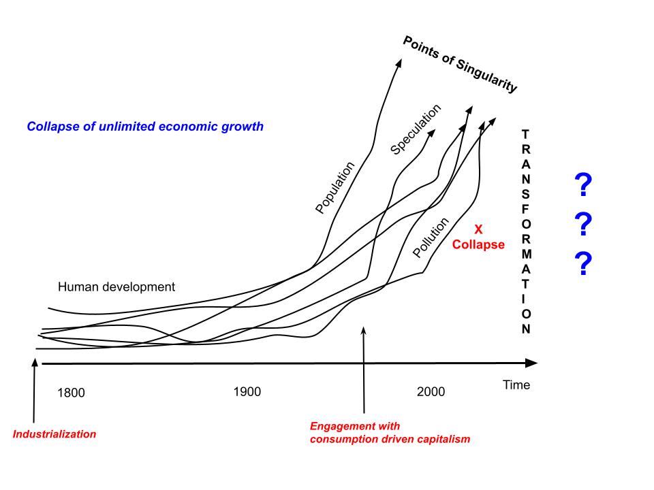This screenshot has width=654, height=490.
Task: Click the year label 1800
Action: (71, 393)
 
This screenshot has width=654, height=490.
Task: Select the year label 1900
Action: (247, 392)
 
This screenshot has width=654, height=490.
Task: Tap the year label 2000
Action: (431, 392)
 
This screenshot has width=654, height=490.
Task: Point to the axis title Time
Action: (516, 385)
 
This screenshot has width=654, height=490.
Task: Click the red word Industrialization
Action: (55, 434)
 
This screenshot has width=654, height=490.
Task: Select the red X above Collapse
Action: (479, 230)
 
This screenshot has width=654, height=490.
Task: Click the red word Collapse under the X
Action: (479, 244)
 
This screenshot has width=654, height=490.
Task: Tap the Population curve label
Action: (336, 188)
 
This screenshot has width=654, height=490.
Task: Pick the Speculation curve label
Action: (416, 129)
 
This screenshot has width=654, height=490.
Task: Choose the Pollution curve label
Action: (431, 238)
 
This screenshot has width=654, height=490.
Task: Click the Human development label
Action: (116, 287)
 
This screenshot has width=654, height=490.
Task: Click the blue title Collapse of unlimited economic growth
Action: (145, 127)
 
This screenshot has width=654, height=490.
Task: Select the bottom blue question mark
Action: (583, 264)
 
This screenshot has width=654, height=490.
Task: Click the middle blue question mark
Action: (583, 225)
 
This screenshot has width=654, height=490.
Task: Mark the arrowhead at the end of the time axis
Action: (531, 363)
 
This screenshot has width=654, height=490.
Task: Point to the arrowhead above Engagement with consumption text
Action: (364, 330)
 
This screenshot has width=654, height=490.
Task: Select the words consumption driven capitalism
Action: (390, 439)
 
